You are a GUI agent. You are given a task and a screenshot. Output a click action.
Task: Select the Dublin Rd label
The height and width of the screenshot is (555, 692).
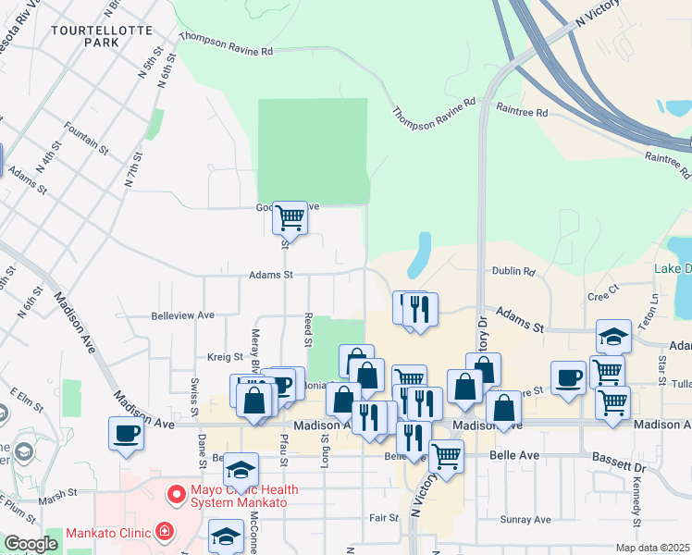[515, 272]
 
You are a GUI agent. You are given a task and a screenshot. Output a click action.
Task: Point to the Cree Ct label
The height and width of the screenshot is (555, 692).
[602, 295]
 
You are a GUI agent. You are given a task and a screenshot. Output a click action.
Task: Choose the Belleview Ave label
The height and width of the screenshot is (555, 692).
[183, 315]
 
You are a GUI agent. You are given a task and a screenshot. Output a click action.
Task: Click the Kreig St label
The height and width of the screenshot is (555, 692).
[225, 356]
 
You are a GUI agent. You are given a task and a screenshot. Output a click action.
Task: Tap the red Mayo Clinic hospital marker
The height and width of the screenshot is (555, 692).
[174, 496]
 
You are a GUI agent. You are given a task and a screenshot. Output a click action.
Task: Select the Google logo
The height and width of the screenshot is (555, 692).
[31, 543]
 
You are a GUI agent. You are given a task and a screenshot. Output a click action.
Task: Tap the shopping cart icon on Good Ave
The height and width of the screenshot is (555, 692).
[290, 218]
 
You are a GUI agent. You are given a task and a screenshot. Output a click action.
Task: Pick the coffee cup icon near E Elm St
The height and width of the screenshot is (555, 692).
[126, 433]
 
